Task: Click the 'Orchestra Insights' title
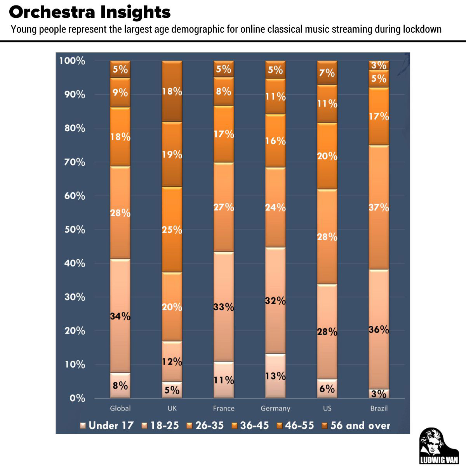tap(90, 12)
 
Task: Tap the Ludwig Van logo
tap(439, 446)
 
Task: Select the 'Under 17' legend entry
tap(107, 425)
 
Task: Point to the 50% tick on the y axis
tap(75, 230)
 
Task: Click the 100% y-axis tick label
tap(72, 61)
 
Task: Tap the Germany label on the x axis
tap(275, 408)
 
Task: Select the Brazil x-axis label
tap(379, 408)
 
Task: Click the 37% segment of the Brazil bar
tap(379, 207)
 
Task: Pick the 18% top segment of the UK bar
tap(172, 91)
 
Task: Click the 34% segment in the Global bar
tap(120, 316)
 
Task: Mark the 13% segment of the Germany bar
tap(275, 376)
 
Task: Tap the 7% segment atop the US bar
tap(327, 73)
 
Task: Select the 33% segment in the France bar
tap(224, 307)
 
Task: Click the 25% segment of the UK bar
tap(172, 230)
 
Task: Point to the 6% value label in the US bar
tap(327, 389)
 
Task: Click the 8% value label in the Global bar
tap(120, 386)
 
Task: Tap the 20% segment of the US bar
tap(327, 156)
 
